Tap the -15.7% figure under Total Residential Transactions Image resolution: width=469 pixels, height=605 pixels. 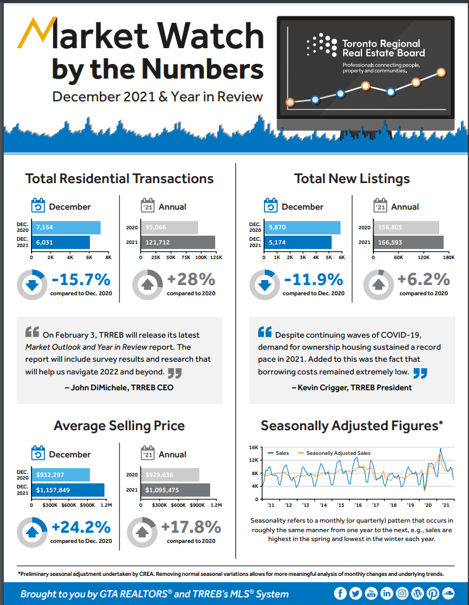point(81,279)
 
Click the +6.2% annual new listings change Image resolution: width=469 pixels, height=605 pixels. point(423,279)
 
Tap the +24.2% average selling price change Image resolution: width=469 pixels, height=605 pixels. point(81,527)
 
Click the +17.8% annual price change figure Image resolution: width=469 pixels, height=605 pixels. point(191,527)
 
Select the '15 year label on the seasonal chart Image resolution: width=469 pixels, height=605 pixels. point(341,505)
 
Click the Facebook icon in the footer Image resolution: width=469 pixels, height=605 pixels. point(340,594)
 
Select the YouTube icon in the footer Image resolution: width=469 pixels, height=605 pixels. point(371,594)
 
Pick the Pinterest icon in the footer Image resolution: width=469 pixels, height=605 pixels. point(433,594)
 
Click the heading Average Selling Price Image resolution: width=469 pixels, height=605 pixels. point(120,426)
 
